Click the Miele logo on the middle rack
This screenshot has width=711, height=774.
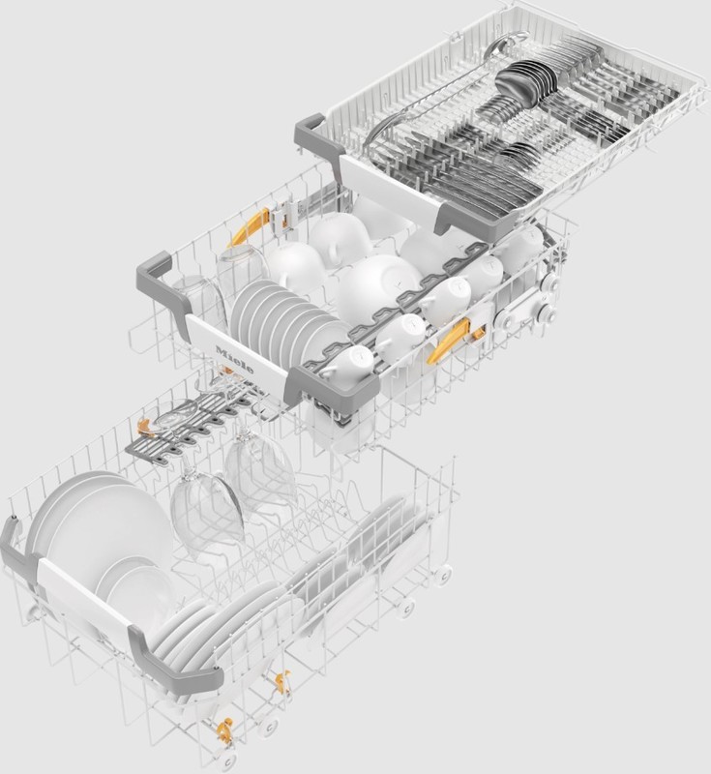click(x=235, y=360)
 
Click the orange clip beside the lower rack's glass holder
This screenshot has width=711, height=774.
click(x=143, y=427)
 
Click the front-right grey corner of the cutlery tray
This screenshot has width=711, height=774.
click(x=454, y=217)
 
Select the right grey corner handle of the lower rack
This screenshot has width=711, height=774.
click(x=174, y=657)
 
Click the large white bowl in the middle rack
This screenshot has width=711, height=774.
click(x=377, y=284)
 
